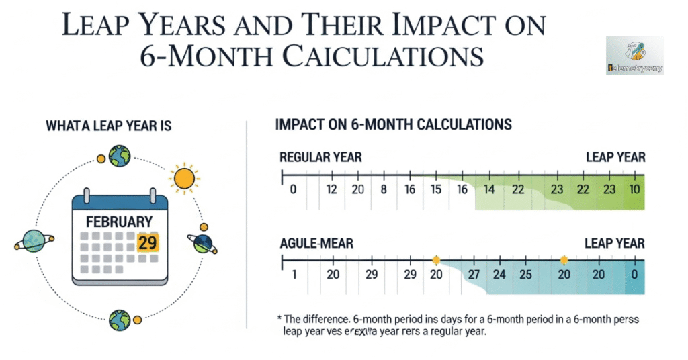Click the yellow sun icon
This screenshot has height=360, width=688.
click(185, 179)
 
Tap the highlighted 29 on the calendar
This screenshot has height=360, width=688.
click(147, 242)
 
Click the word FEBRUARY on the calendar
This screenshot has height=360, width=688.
click(119, 221)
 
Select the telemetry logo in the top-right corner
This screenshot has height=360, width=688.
click(634, 55)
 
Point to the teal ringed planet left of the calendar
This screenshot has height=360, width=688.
click(32, 240)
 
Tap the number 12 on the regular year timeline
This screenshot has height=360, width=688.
click(331, 190)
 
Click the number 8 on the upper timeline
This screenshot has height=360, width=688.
click(384, 190)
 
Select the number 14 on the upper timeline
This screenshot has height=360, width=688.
click(489, 190)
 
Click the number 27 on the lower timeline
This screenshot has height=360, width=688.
click(474, 275)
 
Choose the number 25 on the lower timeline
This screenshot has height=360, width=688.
click(525, 275)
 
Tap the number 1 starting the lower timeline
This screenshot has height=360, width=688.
click(294, 275)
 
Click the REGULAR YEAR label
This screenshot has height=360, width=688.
click(320, 158)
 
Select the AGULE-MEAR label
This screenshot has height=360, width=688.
click(317, 243)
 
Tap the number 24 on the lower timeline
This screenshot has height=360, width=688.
click(499, 275)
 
